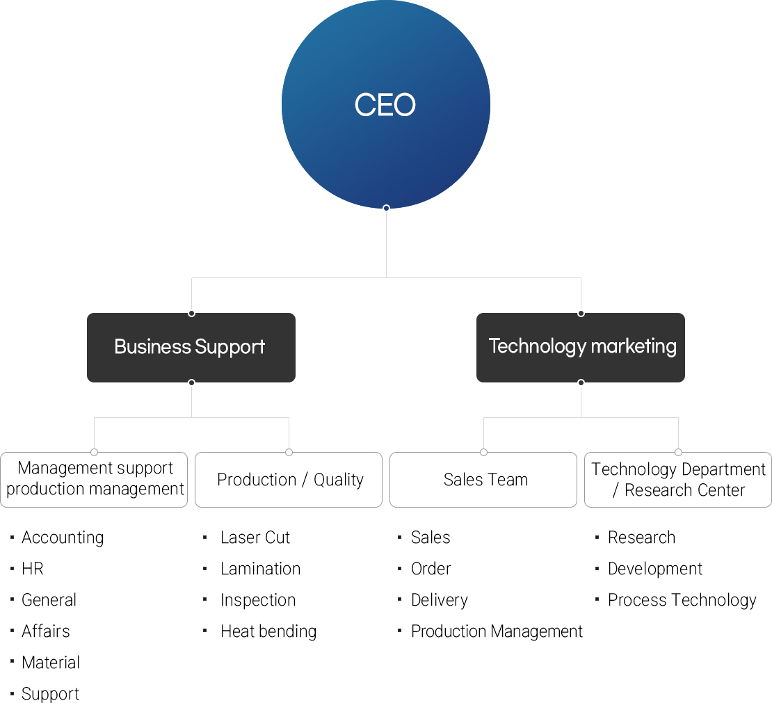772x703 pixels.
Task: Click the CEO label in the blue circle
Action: coord(385,105)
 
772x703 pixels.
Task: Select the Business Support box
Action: coord(191,347)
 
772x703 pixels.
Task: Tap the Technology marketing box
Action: coord(581,347)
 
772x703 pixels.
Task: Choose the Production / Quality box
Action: coord(289,480)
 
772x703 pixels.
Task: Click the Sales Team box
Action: coord(483,480)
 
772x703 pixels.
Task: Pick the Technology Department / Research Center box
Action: coord(678,480)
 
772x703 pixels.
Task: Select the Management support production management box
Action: coord(94,480)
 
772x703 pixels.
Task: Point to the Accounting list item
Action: coord(63,538)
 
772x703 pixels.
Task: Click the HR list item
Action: coord(33,569)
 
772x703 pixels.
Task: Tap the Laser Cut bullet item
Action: coord(255,538)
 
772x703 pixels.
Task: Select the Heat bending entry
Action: coord(268,631)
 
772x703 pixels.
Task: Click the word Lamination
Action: coord(260,569)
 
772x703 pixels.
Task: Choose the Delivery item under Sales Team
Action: coord(439,600)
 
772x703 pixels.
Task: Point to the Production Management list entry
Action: coord(497,631)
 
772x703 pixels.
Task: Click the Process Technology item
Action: coord(682,600)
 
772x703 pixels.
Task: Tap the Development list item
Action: coord(654,569)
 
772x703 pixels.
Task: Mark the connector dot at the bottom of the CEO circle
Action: coord(386,207)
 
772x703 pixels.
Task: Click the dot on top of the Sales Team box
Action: coord(483,452)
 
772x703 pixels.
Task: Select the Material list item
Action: coord(51,663)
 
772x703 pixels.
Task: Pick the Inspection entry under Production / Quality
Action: coord(257,600)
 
